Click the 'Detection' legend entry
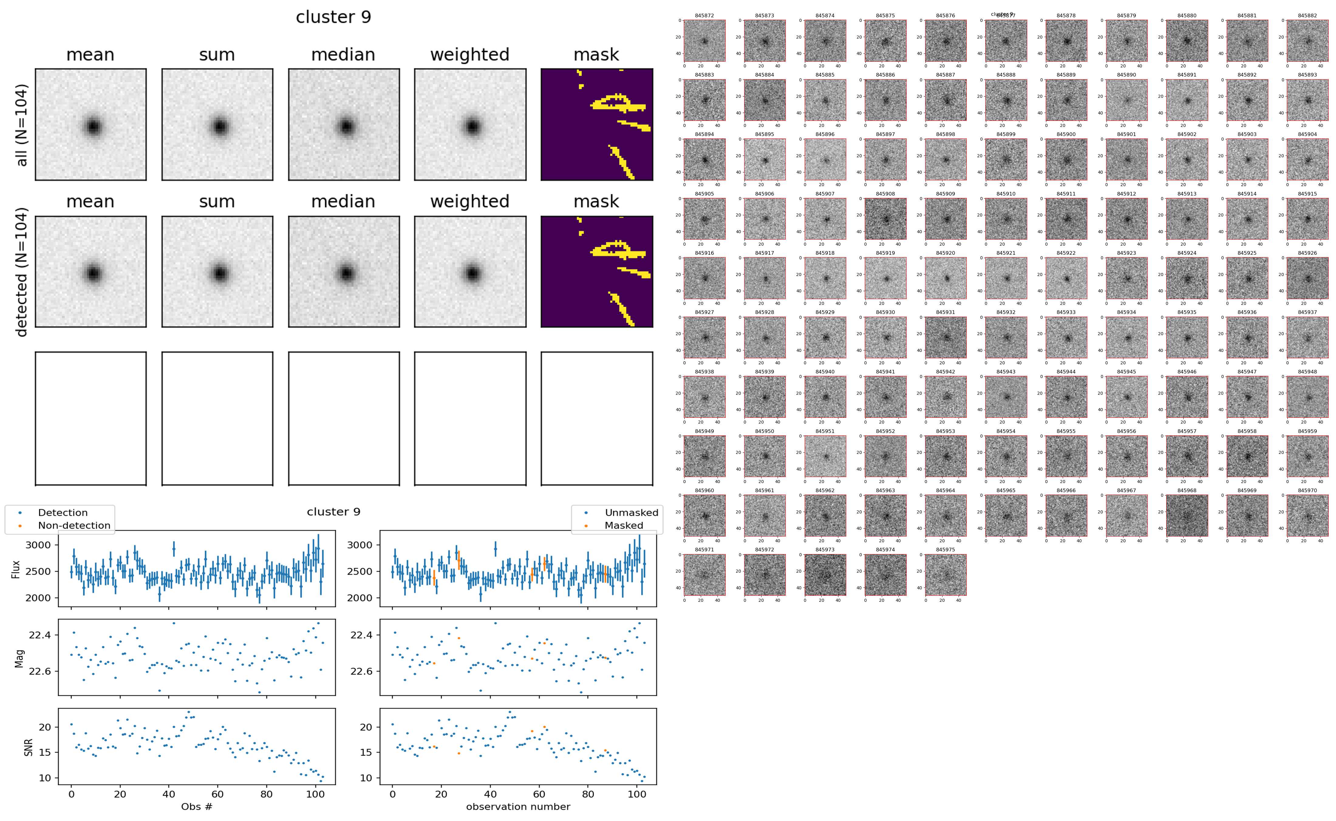click(x=63, y=513)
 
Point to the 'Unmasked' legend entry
click(x=631, y=513)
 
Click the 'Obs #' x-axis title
click(x=196, y=806)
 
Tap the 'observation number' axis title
click(x=518, y=806)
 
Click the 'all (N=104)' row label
click(x=22, y=125)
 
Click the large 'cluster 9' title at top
click(x=333, y=17)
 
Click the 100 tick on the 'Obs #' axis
click(x=315, y=794)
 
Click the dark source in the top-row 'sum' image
click(x=219, y=127)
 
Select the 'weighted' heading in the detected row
click(x=470, y=201)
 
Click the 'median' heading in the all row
click(x=343, y=55)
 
